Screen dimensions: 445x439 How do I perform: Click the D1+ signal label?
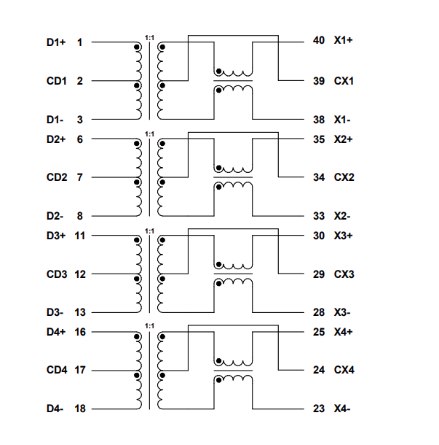pos(56,42)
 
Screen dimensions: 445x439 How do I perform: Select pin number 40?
pos(318,41)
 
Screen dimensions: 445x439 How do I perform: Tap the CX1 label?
pos(344,80)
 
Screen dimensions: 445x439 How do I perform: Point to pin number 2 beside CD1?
pos(80,80)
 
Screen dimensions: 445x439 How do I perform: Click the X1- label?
pos(343,119)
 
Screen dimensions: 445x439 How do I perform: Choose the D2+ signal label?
pos(56,139)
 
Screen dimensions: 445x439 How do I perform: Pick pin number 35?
pos(318,139)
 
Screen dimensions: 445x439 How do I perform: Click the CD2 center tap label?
pos(57,177)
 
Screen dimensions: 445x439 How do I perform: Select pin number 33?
pos(318,216)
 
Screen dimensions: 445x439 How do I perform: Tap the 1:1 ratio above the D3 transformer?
pos(149,231)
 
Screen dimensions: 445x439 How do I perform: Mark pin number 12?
pos(80,274)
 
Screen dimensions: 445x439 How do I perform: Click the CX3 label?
pos(344,274)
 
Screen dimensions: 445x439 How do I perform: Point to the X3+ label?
pos(343,236)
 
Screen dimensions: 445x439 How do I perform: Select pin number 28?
pos(318,312)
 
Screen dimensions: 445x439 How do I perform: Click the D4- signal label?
pos(55,409)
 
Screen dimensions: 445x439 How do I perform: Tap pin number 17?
pos(80,371)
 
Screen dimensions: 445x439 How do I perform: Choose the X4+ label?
pos(343,332)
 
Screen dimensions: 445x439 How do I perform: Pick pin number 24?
pos(318,371)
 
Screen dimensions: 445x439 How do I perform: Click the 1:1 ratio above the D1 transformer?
pos(149,36)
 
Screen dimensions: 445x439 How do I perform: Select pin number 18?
pos(80,409)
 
